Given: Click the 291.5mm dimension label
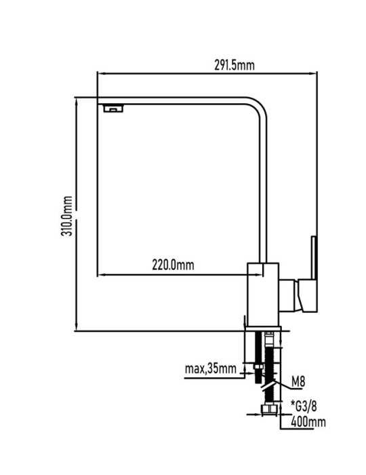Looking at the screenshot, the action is click(x=235, y=65).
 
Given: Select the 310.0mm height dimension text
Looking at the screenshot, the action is click(x=67, y=216).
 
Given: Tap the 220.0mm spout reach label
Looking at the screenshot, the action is click(x=173, y=265).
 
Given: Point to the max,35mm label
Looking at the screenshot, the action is click(x=211, y=368).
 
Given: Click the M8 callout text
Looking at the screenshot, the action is click(x=298, y=382).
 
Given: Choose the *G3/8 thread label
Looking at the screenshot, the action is click(x=304, y=406).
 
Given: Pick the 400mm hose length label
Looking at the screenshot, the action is click(x=308, y=421).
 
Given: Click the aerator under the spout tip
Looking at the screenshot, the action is click(x=113, y=108).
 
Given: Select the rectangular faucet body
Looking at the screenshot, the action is click(x=263, y=294).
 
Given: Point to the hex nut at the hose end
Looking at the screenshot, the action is click(x=268, y=410).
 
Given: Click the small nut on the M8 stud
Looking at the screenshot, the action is click(x=258, y=367).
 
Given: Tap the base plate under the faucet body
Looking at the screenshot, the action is click(x=264, y=328).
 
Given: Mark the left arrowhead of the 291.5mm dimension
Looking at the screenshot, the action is click(x=101, y=73).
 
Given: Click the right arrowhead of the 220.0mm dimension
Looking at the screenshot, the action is click(x=259, y=275).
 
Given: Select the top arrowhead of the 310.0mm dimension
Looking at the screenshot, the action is click(x=76, y=102).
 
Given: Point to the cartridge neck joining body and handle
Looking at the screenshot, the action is click(x=289, y=296).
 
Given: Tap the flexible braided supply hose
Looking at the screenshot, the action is click(x=269, y=370).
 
